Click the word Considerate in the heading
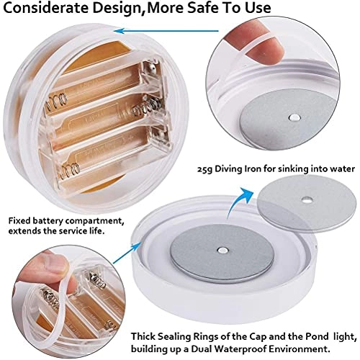click(x=46, y=7)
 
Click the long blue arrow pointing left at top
click(x=166, y=31)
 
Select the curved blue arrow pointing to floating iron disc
click(x=240, y=202)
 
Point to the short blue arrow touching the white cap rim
click(x=127, y=252)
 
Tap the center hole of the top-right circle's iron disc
click(x=294, y=117)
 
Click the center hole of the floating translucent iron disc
click(x=307, y=199)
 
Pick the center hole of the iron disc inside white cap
click(x=222, y=251)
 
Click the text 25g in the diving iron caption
click(x=204, y=169)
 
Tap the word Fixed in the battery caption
click(x=19, y=220)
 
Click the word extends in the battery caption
click(x=24, y=231)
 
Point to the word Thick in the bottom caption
click(x=143, y=336)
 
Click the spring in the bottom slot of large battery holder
click(x=70, y=171)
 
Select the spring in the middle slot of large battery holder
click(x=146, y=107)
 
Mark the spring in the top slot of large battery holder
click(x=57, y=102)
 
